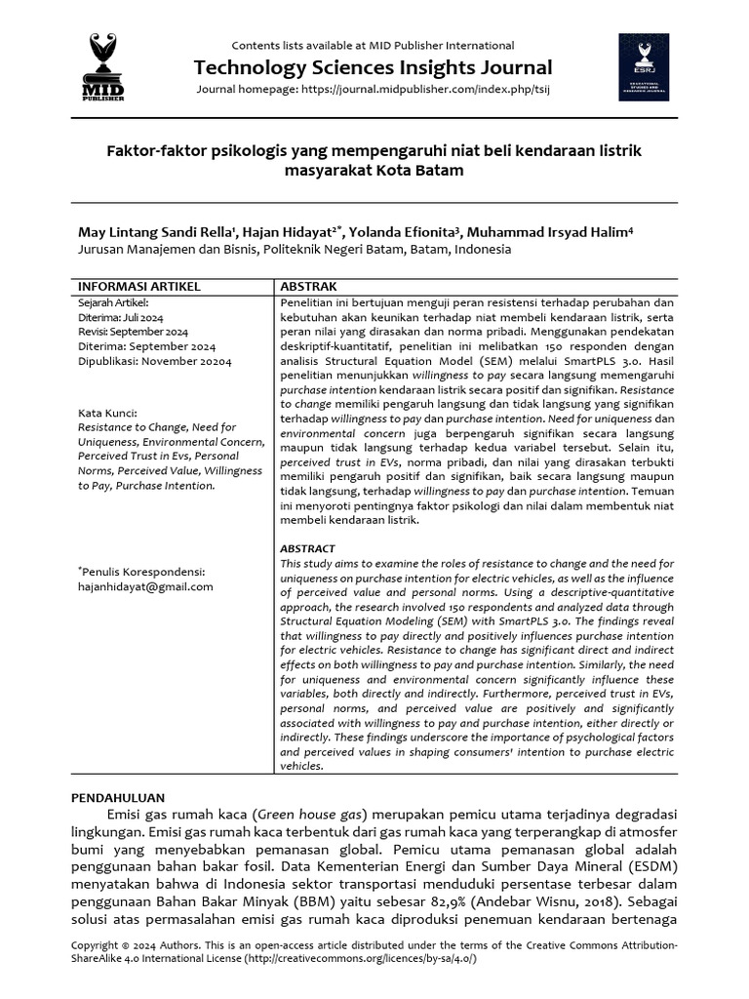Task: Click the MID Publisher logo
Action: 102,66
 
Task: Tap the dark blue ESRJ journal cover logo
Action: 644,66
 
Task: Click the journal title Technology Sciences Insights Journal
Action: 373,67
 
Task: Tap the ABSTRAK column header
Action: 309,287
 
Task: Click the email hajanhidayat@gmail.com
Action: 145,586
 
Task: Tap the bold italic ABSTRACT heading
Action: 307,549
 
